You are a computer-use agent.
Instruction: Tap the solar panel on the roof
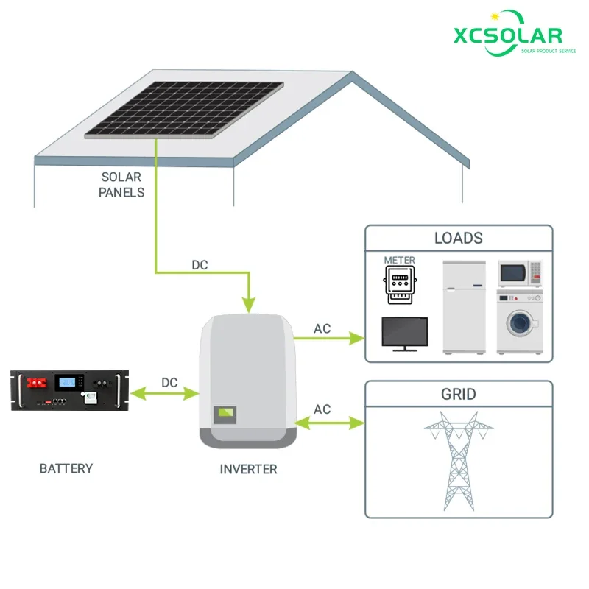click(x=184, y=108)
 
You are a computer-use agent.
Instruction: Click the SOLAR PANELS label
click(x=121, y=185)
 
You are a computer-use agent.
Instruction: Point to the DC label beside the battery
click(x=169, y=383)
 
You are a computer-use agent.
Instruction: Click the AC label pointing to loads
click(x=322, y=329)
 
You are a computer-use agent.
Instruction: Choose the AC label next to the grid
click(x=322, y=409)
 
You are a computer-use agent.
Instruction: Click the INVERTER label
click(x=249, y=469)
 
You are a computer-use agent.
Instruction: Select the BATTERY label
click(x=66, y=468)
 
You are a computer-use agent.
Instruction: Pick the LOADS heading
click(x=459, y=238)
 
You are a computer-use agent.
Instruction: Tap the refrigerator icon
click(x=464, y=307)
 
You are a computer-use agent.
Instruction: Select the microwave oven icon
click(x=520, y=273)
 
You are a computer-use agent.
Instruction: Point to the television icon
click(x=404, y=334)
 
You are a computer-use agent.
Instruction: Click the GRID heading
click(x=459, y=394)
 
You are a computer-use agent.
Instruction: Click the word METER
click(x=400, y=260)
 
